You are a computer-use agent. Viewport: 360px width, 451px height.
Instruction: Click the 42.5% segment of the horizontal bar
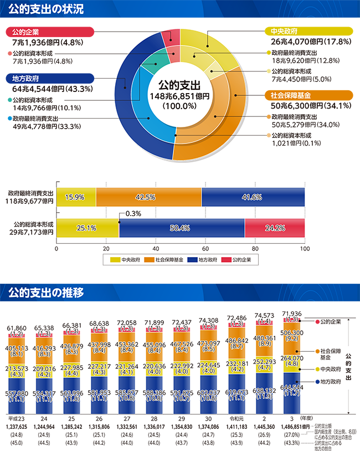(x=148, y=197)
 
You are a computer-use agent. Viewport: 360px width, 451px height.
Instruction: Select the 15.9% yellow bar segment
(x=75, y=197)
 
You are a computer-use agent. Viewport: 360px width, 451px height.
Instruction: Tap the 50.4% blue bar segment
(x=181, y=227)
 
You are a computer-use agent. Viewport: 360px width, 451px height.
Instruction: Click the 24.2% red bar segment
(x=275, y=227)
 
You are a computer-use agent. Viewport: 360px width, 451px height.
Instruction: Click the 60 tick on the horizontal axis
(x=205, y=248)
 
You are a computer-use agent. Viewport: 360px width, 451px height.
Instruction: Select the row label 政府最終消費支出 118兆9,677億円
(x=27, y=197)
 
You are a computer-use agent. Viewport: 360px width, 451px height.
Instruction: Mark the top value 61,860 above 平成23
(x=17, y=329)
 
